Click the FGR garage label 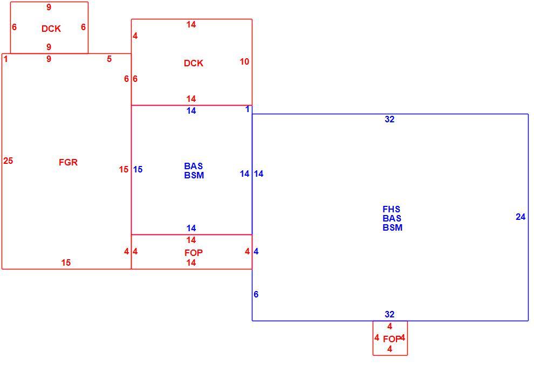(x=68, y=162)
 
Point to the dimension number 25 (x=8, y=161)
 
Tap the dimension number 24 (x=521, y=217)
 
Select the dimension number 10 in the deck (x=244, y=61)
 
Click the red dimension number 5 (x=109, y=59)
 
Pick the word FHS (x=391, y=209)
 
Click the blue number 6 (x=256, y=294)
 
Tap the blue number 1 (x=248, y=109)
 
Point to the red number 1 (x=6, y=59)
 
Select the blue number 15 (x=138, y=169)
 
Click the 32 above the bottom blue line (x=389, y=314)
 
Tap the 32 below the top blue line (x=389, y=119)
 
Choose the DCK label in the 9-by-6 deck (x=51, y=29)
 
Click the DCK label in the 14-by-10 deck (x=194, y=63)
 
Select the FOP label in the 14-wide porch (x=194, y=253)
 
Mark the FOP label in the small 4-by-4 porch (x=392, y=339)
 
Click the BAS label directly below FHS (x=392, y=218)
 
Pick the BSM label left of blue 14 (x=194, y=175)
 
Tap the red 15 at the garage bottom (x=66, y=262)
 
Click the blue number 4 (x=256, y=251)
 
